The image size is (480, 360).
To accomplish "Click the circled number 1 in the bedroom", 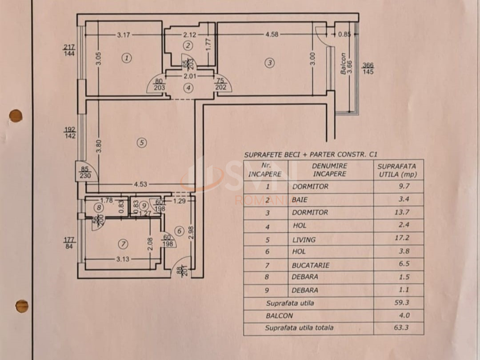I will click(127, 58).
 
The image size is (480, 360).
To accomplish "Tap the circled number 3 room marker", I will click(270, 63).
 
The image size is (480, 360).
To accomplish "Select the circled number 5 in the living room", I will click(141, 143).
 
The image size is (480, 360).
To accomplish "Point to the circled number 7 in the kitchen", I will click(123, 244).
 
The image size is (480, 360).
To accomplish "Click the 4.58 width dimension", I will click(272, 34).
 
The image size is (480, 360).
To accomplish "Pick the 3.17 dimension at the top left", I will click(124, 35).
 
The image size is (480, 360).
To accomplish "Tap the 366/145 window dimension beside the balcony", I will click(368, 68).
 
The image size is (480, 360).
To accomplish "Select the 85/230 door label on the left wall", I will click(85, 172).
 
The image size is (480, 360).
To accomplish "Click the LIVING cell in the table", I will click(304, 240).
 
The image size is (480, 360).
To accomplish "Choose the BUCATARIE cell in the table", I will click(311, 265).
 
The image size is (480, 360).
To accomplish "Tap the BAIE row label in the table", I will click(300, 200).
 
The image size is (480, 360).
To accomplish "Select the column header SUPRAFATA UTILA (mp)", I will click(397, 170).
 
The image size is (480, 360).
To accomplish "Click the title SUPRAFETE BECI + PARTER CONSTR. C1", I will click(310, 154).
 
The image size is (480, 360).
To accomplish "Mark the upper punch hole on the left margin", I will click(16, 116).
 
